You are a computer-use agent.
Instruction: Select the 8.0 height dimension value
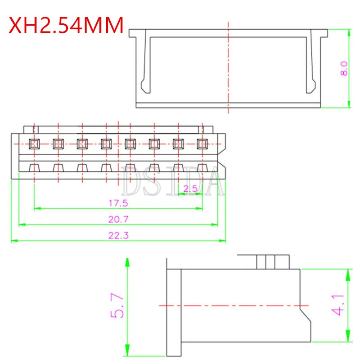click(344, 68)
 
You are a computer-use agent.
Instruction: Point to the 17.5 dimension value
click(118, 203)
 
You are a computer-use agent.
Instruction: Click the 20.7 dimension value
click(118, 219)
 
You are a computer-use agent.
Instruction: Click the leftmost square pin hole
click(34, 144)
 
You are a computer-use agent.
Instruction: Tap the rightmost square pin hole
click(202, 144)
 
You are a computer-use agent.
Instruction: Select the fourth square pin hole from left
click(106, 144)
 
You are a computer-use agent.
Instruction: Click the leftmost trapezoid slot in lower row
click(34, 167)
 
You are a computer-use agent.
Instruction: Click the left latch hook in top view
click(144, 85)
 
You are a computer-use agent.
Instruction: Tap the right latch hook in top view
click(311, 85)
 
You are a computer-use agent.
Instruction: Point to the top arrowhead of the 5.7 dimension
click(127, 261)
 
